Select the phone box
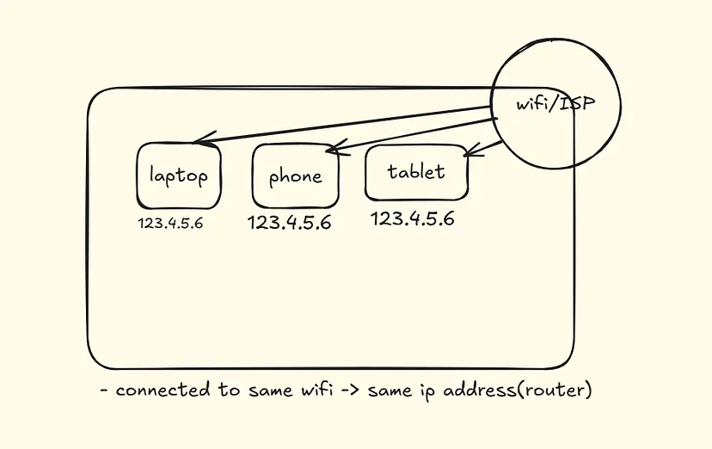pos(295,175)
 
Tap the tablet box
pos(417,172)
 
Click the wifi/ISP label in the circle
pos(555,104)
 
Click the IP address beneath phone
pos(289,223)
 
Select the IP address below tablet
pos(412,218)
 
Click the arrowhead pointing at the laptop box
pos(199,143)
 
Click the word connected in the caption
pos(163,391)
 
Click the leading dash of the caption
pos(104,391)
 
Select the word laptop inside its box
pos(179,176)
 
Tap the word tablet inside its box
pos(417,172)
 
